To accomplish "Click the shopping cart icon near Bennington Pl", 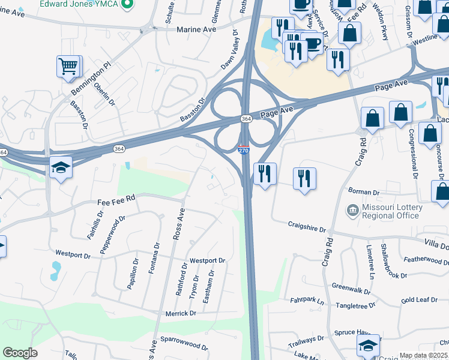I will [68, 66].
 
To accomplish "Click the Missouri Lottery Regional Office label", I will [393, 212].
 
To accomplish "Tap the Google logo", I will [20, 353].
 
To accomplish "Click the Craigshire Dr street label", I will [306, 229].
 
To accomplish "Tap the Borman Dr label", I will [367, 193].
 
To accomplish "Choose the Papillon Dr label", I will [132, 274].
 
